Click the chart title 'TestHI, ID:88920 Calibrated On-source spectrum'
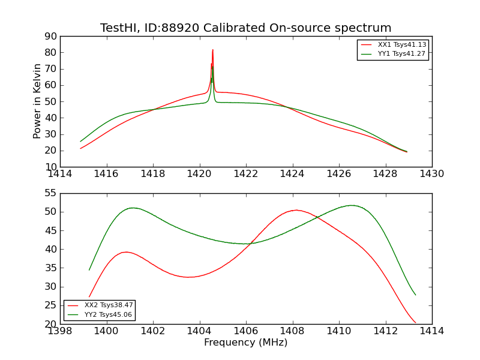tap(245, 28)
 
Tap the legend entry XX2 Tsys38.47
tap(109, 305)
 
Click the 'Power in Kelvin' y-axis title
tap(37, 101)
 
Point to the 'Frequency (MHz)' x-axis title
tap(245, 343)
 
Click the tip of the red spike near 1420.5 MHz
tap(212, 50)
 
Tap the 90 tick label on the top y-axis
tap(50, 37)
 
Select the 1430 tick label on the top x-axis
tap(431, 174)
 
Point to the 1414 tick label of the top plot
tap(61, 174)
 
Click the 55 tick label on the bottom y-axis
tap(50, 193)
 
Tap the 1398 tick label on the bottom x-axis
tap(61, 331)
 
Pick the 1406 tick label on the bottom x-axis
tap(246, 331)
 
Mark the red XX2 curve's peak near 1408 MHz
tap(296, 210)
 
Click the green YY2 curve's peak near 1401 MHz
tap(132, 208)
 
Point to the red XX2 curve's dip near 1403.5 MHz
tap(188, 277)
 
